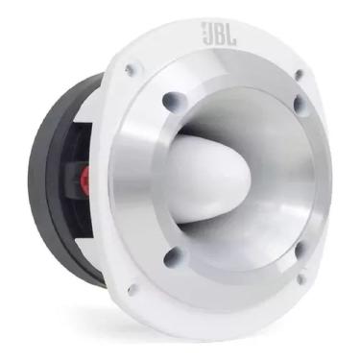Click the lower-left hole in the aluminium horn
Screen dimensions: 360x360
173,256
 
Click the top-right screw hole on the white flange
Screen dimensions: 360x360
299,74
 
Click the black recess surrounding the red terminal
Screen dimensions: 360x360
84,178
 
